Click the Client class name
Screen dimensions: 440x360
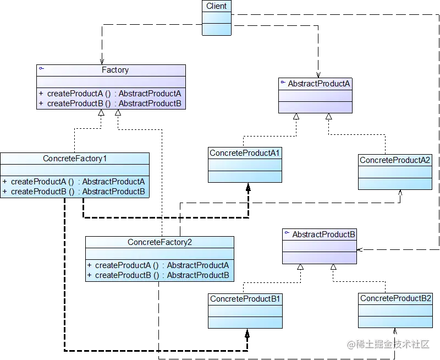tap(217, 6)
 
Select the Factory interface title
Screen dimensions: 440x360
tap(115, 70)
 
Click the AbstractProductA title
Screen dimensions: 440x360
tap(319, 84)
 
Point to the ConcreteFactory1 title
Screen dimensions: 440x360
tap(75, 159)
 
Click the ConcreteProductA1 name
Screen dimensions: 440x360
tap(245, 152)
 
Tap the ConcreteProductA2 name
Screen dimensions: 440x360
tap(395, 160)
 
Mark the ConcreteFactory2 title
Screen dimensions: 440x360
tap(159, 242)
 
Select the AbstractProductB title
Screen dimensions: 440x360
tap(323, 234)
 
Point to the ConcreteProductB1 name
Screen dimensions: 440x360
tap(245, 299)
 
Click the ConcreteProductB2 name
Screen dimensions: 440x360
tap(395, 298)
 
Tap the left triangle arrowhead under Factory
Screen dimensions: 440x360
tap(101, 114)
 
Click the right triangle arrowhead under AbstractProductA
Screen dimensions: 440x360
tap(329, 116)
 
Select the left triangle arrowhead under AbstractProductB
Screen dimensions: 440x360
tap(300, 268)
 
